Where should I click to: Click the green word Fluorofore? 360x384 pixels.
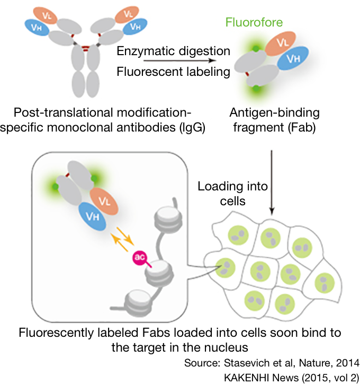[x=254, y=23]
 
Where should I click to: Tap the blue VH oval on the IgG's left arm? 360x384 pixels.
[x=37, y=26]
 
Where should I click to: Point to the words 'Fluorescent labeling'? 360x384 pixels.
[x=173, y=72]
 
